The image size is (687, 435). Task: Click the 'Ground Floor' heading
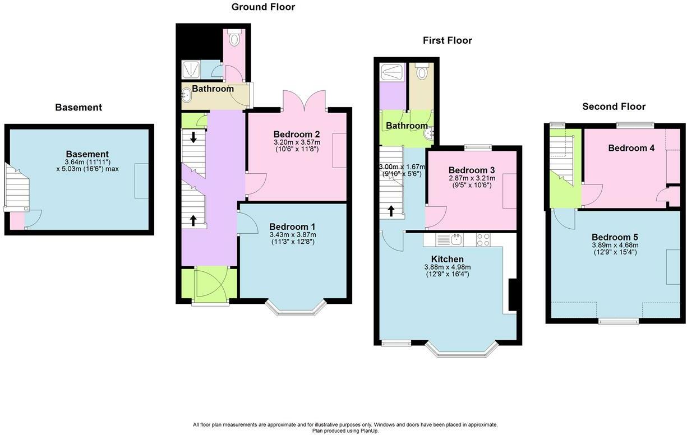(x=263, y=7)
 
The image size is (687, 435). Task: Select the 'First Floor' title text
(x=447, y=40)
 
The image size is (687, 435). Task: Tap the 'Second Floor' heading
(x=614, y=107)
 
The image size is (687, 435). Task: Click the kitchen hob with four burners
(x=483, y=240)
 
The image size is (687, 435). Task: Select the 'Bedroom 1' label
(x=292, y=227)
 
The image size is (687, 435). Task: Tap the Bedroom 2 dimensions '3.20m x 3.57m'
(x=297, y=142)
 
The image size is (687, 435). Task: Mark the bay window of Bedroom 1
(x=295, y=308)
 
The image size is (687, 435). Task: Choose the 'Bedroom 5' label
(x=615, y=237)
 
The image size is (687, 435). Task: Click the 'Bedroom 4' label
(x=631, y=148)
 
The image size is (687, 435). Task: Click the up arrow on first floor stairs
(x=391, y=211)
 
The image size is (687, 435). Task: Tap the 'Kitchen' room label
(x=447, y=259)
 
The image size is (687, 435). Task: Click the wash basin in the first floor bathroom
(x=431, y=133)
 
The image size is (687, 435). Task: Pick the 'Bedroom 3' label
(x=471, y=170)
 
